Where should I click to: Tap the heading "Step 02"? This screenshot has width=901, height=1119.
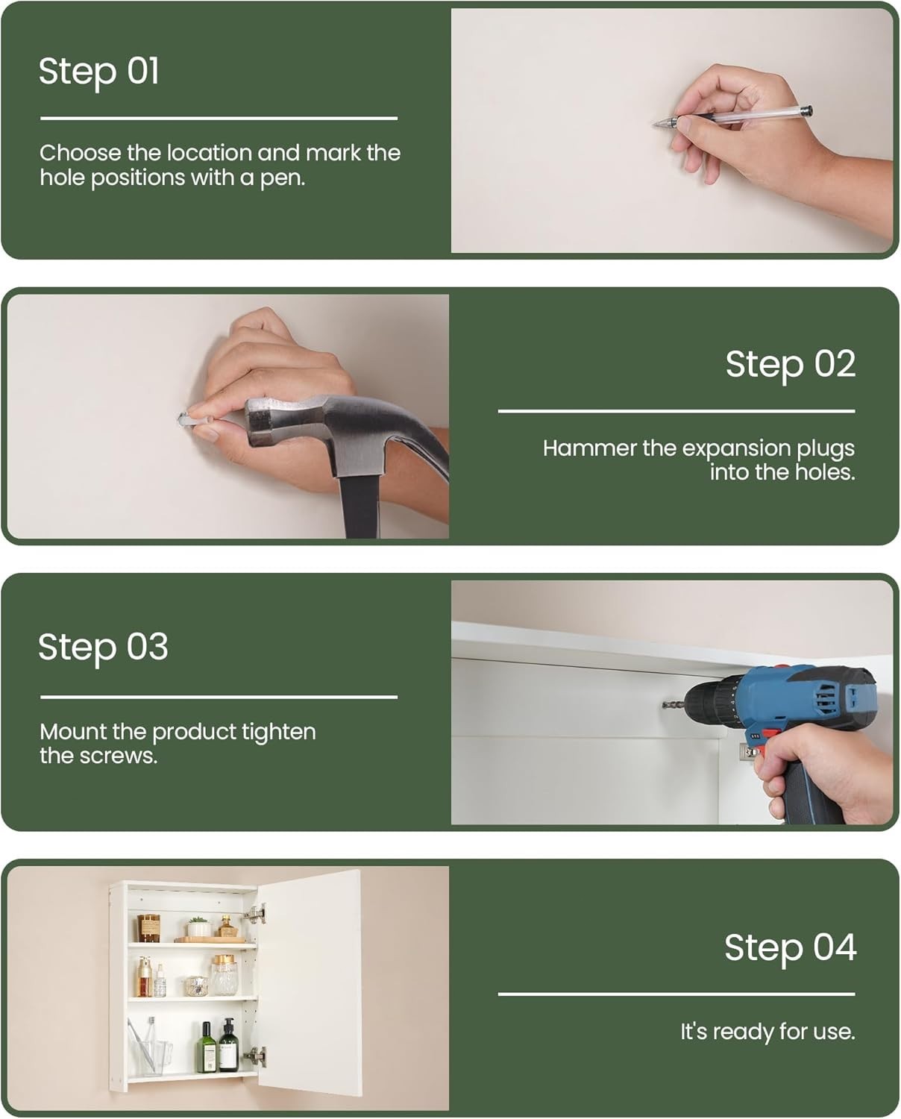pos(791,364)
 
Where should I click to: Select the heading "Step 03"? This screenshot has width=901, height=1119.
pos(103,648)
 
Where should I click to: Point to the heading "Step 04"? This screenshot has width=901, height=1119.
pos(791,947)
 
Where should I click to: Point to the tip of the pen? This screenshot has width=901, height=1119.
pos(654,125)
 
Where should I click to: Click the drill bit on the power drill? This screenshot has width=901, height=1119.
pos(674,705)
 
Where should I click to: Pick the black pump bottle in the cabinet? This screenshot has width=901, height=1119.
pos(229,1045)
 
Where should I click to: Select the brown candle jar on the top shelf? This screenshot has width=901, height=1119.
pos(148,928)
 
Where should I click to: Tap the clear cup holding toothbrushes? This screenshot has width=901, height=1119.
pos(150,1059)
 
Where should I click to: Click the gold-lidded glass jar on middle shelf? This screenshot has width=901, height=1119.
pos(224,975)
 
